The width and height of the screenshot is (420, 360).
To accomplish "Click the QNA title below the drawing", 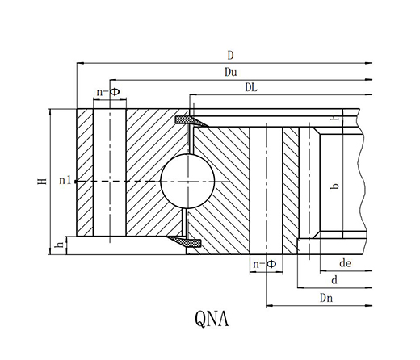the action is pyautogui.click(x=212, y=319).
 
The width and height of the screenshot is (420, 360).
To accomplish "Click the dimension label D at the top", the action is pyautogui.click(x=230, y=56).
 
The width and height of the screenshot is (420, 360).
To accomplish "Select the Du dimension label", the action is pyautogui.click(x=231, y=72).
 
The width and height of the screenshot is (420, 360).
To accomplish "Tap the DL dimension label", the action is pyautogui.click(x=251, y=87).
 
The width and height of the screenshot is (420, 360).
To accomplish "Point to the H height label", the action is pyautogui.click(x=42, y=182).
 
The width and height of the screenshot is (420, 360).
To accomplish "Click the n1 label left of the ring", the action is pyautogui.click(x=65, y=180).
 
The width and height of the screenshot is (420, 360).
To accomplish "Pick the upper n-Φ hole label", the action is pyautogui.click(x=108, y=92).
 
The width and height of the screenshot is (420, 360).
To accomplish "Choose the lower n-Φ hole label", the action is pyautogui.click(x=265, y=264).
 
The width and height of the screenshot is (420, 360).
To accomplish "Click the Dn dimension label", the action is pyautogui.click(x=326, y=298).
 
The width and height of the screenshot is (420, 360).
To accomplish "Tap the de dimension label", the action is pyautogui.click(x=346, y=263).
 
